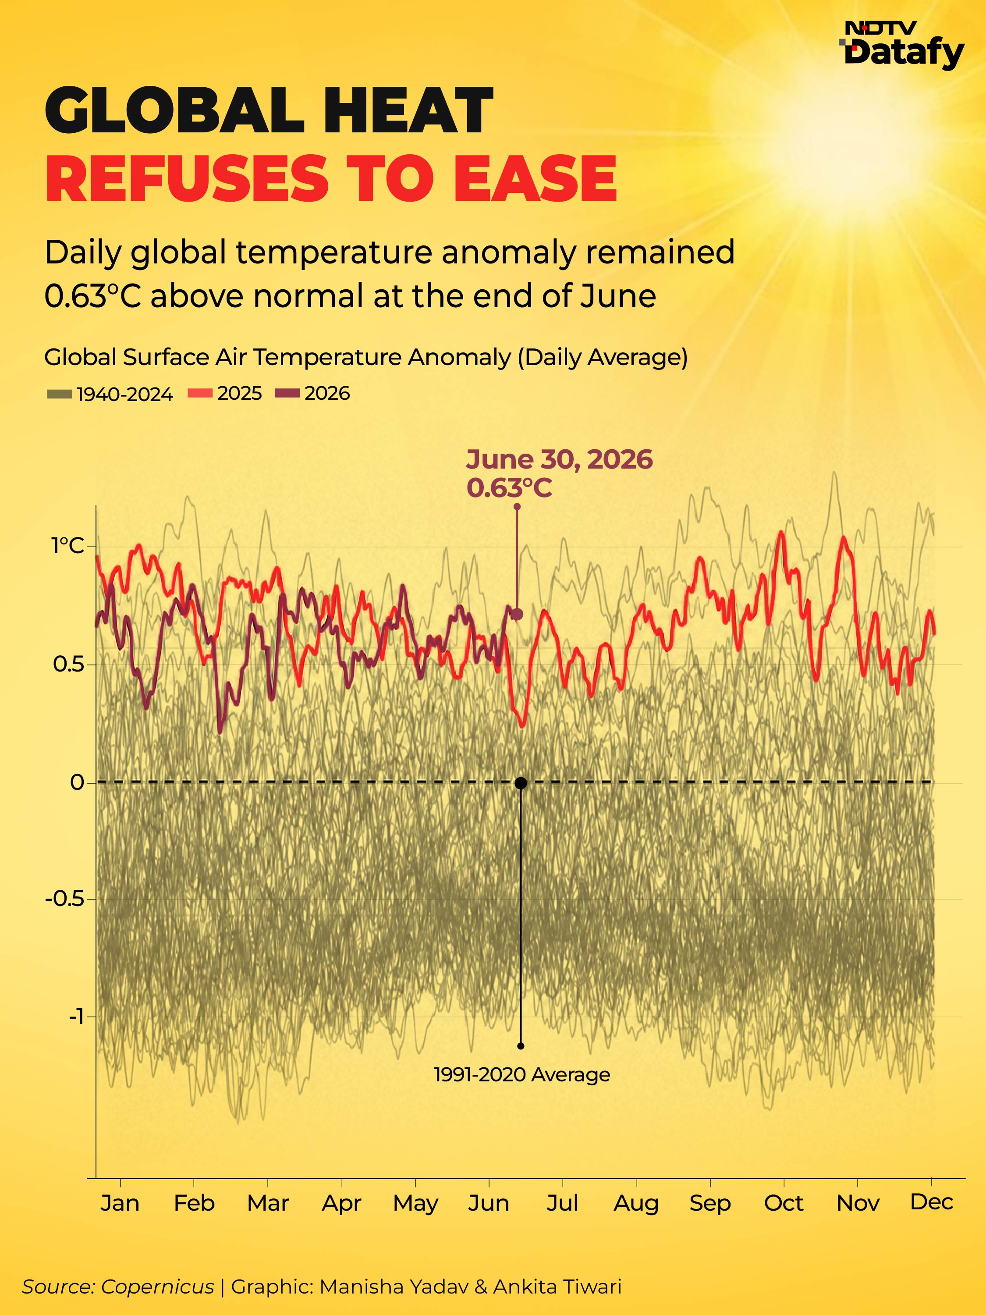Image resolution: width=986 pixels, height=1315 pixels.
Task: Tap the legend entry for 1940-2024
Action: click(x=110, y=394)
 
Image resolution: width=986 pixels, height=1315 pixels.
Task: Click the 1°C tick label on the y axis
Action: click(x=68, y=546)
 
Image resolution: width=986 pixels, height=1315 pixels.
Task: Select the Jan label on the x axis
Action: click(x=120, y=1203)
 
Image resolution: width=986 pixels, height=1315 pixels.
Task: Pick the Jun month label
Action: click(x=489, y=1203)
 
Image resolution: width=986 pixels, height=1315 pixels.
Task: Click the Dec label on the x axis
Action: click(x=931, y=1202)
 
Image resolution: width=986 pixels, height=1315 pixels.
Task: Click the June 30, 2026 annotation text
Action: click(x=559, y=459)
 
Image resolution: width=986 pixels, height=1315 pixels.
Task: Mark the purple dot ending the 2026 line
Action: click(x=517, y=615)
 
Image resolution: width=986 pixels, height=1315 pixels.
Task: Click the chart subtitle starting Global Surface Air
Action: click(x=366, y=357)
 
